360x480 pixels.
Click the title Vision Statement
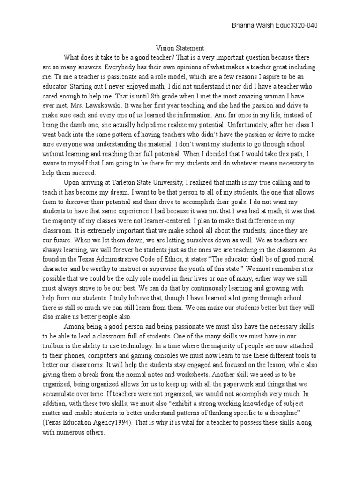tap(180, 48)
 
